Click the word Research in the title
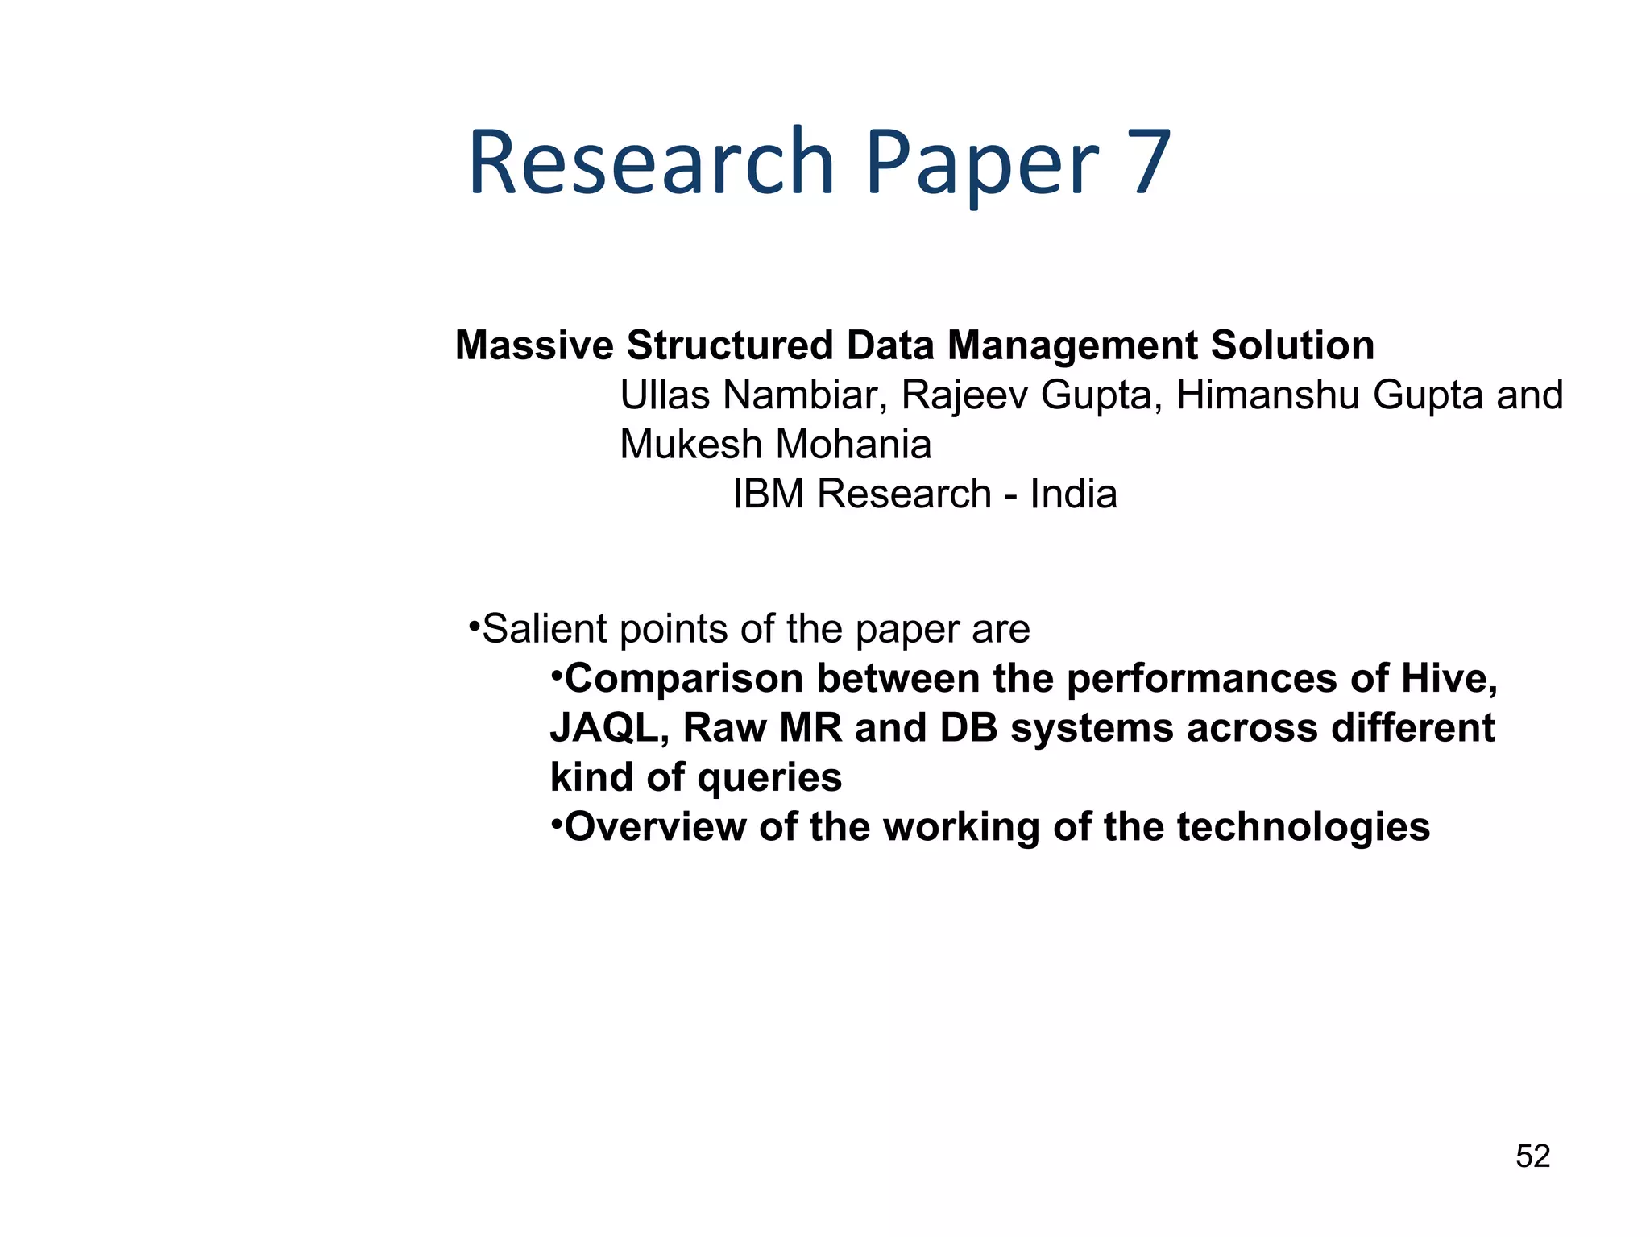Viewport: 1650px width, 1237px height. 651,163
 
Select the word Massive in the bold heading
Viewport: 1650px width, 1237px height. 534,345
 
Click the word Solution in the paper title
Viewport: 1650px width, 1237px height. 1292,345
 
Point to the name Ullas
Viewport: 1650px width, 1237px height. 665,395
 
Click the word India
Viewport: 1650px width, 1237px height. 1073,494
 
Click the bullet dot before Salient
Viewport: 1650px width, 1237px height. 474,625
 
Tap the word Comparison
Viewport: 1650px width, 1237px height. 684,679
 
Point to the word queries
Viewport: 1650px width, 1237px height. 769,778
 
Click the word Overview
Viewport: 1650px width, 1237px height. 655,827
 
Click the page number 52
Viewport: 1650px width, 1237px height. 1532,1156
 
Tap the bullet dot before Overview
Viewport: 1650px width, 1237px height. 556,823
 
